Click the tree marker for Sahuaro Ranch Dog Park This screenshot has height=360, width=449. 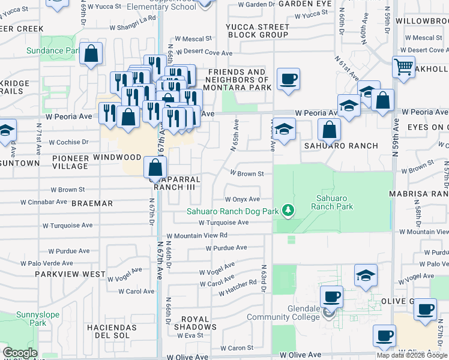289,210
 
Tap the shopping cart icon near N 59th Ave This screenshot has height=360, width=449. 403,66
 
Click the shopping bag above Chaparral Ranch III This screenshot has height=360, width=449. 155,167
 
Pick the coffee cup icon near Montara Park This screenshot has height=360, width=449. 288,79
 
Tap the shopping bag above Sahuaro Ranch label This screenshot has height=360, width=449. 329,129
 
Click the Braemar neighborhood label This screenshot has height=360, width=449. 92,203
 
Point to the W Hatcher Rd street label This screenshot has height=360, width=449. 238,289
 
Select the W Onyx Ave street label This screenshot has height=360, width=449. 242,199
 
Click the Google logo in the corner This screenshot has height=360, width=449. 20,353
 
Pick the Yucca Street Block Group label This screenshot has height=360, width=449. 258,31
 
